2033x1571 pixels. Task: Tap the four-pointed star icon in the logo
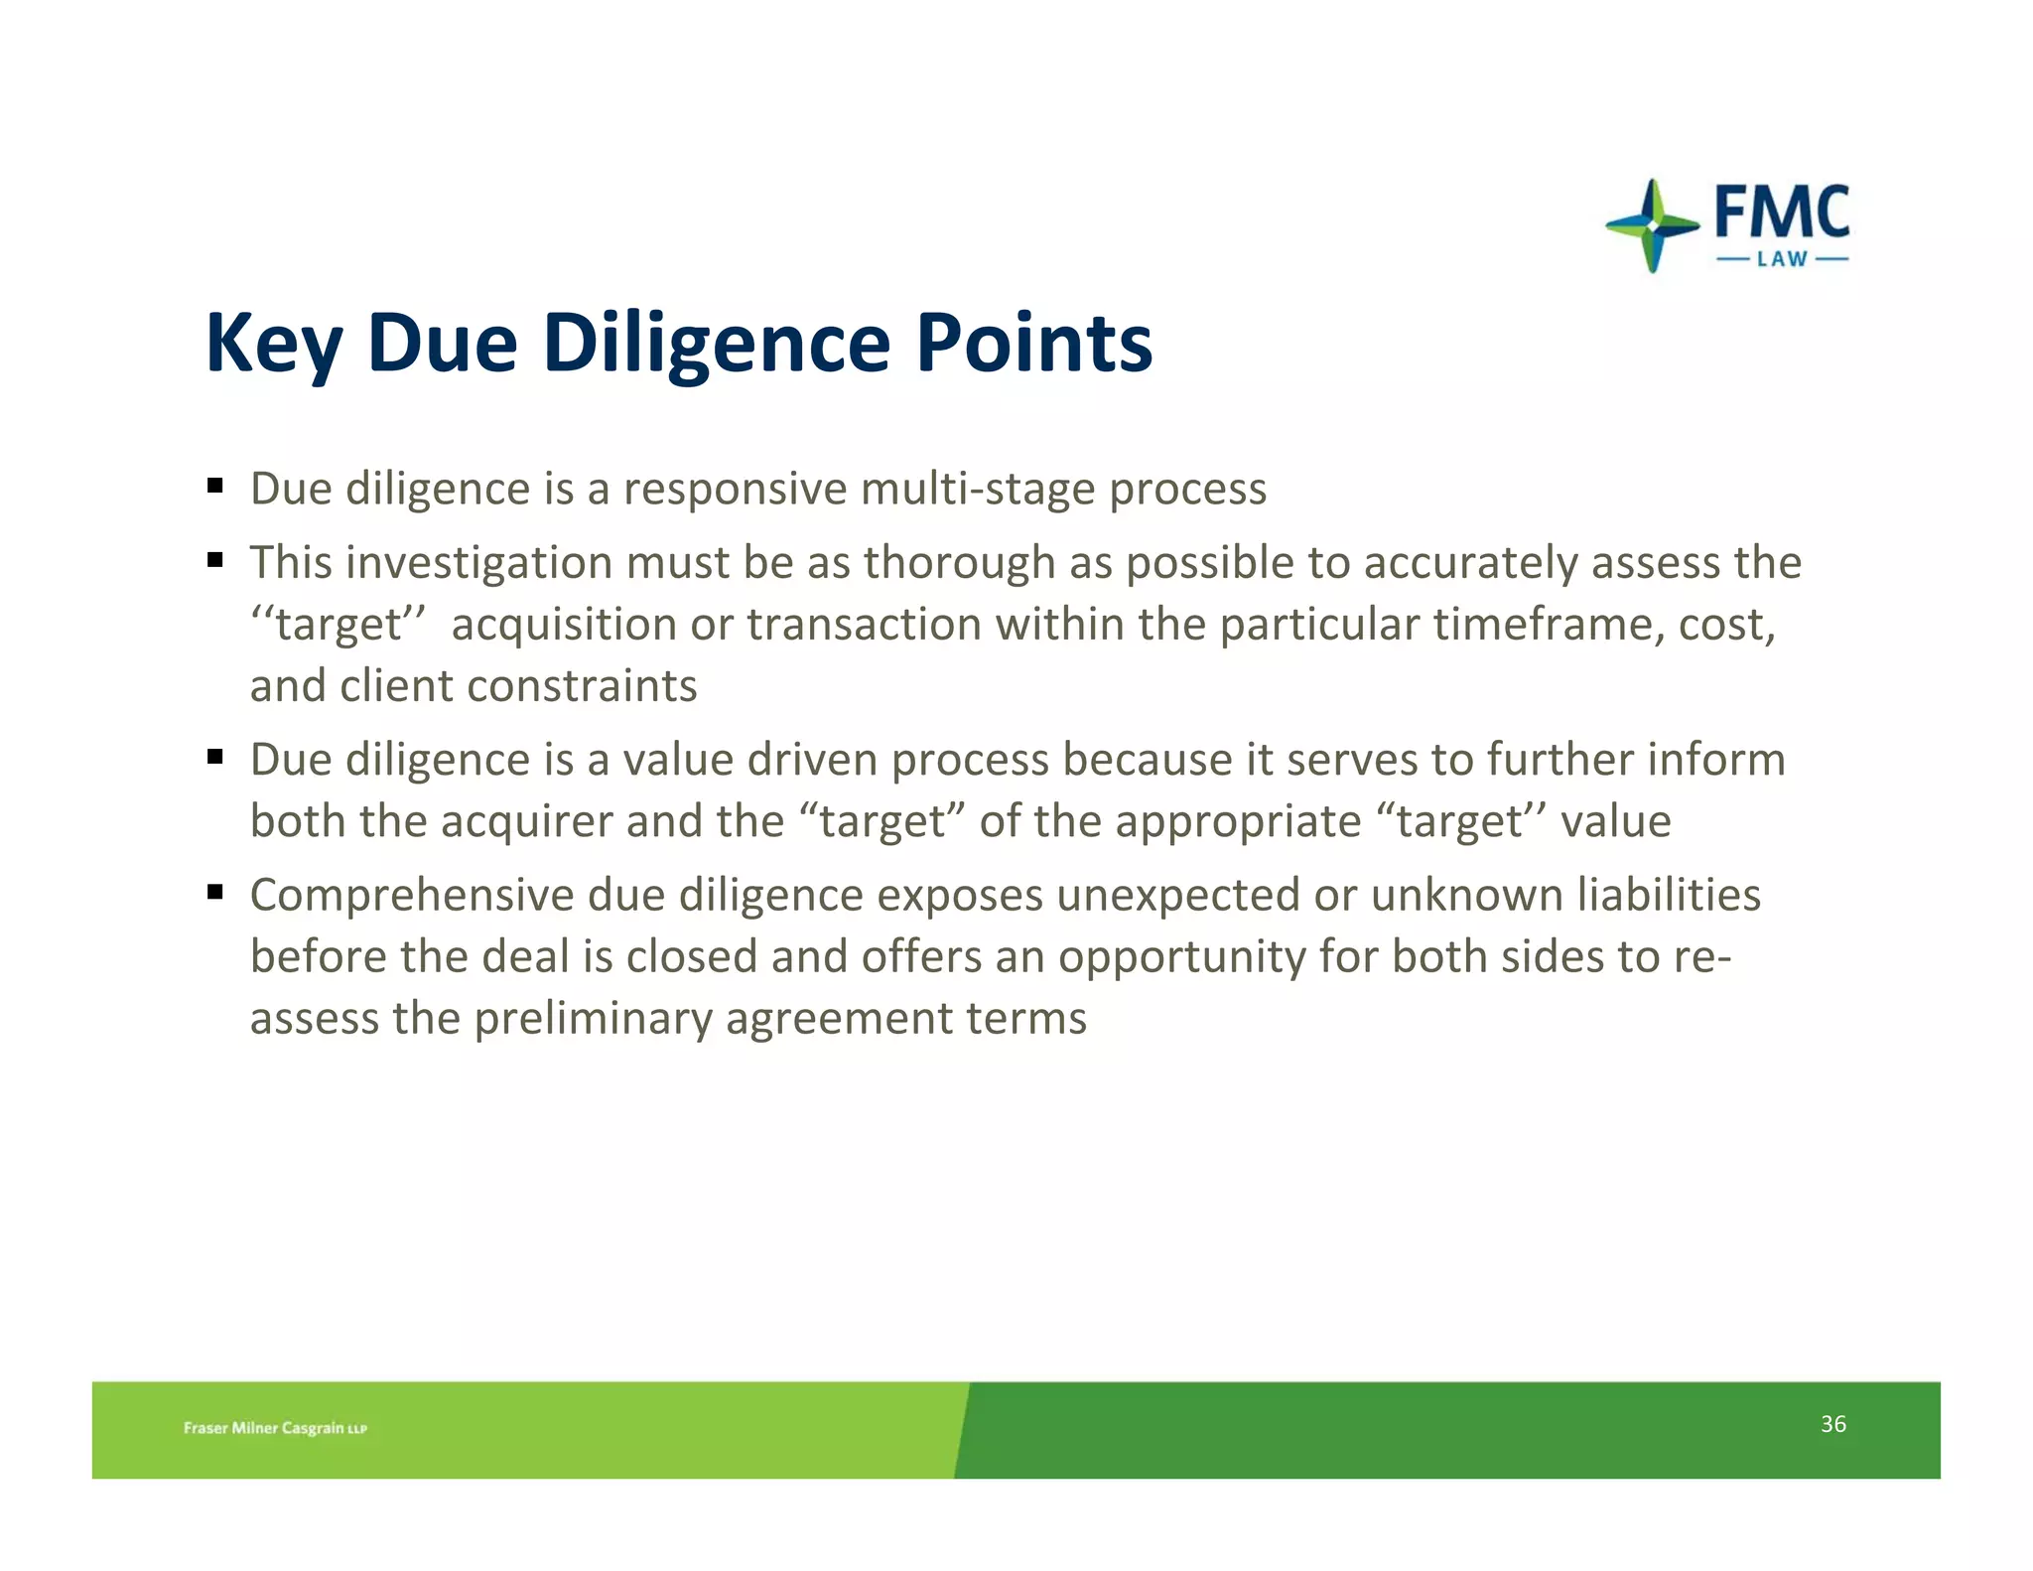point(1652,226)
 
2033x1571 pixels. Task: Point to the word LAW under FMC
point(1783,259)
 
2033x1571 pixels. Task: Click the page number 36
point(1832,1424)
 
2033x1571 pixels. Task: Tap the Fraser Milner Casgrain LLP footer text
point(275,1428)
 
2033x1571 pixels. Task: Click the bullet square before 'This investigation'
point(215,560)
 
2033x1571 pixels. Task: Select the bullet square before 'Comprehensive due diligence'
point(215,892)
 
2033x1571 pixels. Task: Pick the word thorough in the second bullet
point(959,563)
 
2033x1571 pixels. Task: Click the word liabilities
point(1668,895)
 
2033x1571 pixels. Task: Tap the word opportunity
point(1181,957)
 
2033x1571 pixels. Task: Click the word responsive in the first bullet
point(735,489)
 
